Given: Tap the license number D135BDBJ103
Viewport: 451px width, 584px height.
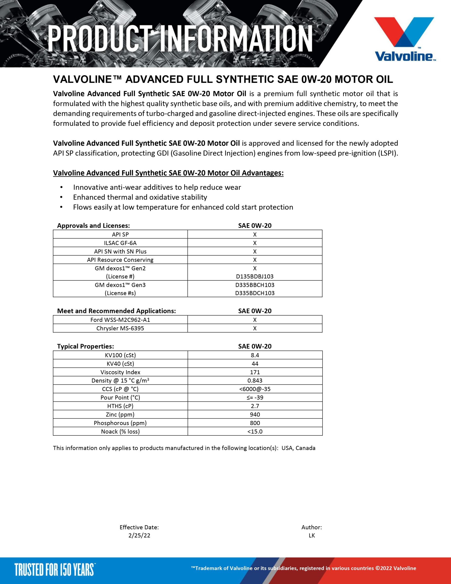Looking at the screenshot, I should pyautogui.click(x=255, y=276).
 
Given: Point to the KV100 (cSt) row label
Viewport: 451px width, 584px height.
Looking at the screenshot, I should pyautogui.click(x=120, y=355).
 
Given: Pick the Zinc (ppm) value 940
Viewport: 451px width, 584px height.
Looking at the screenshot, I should pyautogui.click(x=255, y=415).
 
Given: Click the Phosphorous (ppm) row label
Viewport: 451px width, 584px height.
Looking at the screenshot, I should pyautogui.click(x=120, y=423).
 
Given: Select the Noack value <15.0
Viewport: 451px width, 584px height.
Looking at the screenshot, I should pyautogui.click(x=255, y=431).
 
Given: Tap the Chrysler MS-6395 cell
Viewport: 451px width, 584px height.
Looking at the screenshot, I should pyautogui.click(x=120, y=328).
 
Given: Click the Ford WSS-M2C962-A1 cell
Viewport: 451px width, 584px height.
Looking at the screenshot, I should pyautogui.click(x=120, y=320).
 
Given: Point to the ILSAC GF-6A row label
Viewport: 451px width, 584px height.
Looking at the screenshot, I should pyautogui.click(x=120, y=243).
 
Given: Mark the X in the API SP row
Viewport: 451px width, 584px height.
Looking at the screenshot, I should pyautogui.click(x=255, y=235).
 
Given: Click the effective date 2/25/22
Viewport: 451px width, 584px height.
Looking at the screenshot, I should pyautogui.click(x=139, y=535).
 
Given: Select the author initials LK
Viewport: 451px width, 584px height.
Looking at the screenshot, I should pyautogui.click(x=312, y=535).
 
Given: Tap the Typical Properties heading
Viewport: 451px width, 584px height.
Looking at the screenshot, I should pyautogui.click(x=86, y=346).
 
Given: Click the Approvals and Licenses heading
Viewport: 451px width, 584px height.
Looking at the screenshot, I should pyautogui.click(x=93, y=225).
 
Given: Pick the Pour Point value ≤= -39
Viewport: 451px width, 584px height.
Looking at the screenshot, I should pyautogui.click(x=255, y=397).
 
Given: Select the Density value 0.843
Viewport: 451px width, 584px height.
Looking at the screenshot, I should pyautogui.click(x=255, y=381).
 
